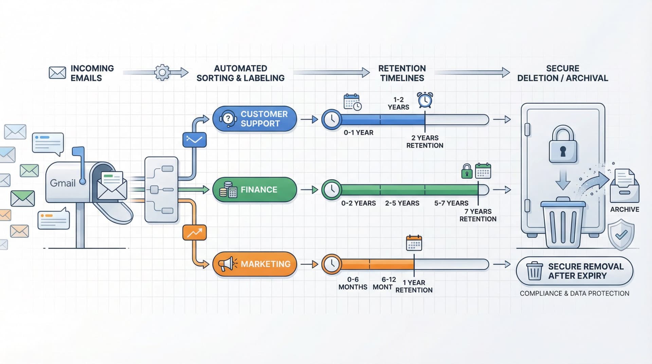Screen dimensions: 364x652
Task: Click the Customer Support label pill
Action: click(x=255, y=119)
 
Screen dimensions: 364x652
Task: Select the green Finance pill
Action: click(x=255, y=190)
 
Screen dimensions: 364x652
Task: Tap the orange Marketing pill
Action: click(x=255, y=264)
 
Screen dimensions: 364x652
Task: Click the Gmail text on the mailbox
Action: click(x=62, y=183)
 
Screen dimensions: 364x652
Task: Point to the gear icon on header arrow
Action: click(x=162, y=72)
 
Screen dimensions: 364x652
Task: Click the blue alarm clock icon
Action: click(x=425, y=100)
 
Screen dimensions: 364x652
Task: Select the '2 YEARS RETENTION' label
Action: click(x=425, y=142)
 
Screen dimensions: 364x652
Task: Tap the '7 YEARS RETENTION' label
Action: click(x=478, y=215)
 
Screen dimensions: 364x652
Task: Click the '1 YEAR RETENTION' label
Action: click(x=414, y=286)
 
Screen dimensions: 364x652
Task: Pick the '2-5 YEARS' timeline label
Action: click(x=402, y=203)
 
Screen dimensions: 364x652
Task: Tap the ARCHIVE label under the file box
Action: click(x=624, y=209)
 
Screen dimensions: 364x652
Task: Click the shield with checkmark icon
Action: click(x=621, y=235)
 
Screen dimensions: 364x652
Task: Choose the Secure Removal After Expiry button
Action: click(x=574, y=271)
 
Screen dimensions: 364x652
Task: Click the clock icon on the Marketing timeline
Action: click(x=331, y=264)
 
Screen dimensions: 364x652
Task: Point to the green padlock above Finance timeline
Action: click(x=467, y=171)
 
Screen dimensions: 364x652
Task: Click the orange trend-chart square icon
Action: click(x=194, y=233)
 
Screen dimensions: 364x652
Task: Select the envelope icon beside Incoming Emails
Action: click(x=57, y=73)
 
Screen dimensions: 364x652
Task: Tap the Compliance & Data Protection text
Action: click(x=574, y=293)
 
